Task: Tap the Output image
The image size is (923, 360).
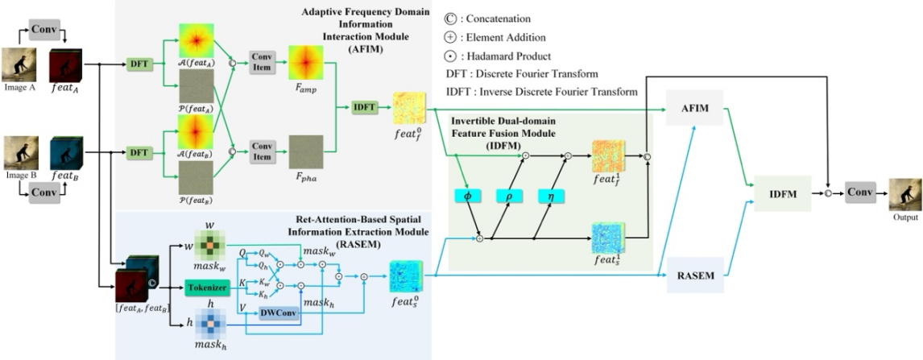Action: pos(901,193)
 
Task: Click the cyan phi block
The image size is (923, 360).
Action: pos(467,195)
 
